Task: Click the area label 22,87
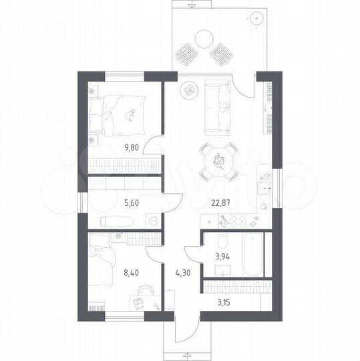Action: tap(220, 203)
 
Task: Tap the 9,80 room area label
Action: tap(132, 147)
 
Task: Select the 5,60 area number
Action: tap(132, 203)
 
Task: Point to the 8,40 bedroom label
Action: tap(131, 273)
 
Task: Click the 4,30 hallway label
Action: tap(183, 273)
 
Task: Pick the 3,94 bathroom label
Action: tap(222, 257)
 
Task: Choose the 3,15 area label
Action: tap(224, 303)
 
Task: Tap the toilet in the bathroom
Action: tap(222, 241)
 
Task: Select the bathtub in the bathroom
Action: tap(253, 254)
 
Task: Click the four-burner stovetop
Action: tap(238, 221)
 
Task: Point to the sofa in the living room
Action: tap(217, 107)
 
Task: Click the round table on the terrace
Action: tap(204, 39)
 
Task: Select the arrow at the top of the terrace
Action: tap(190, 6)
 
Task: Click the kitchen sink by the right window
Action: tap(264, 189)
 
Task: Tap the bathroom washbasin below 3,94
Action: tap(222, 270)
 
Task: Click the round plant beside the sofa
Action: tap(189, 90)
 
